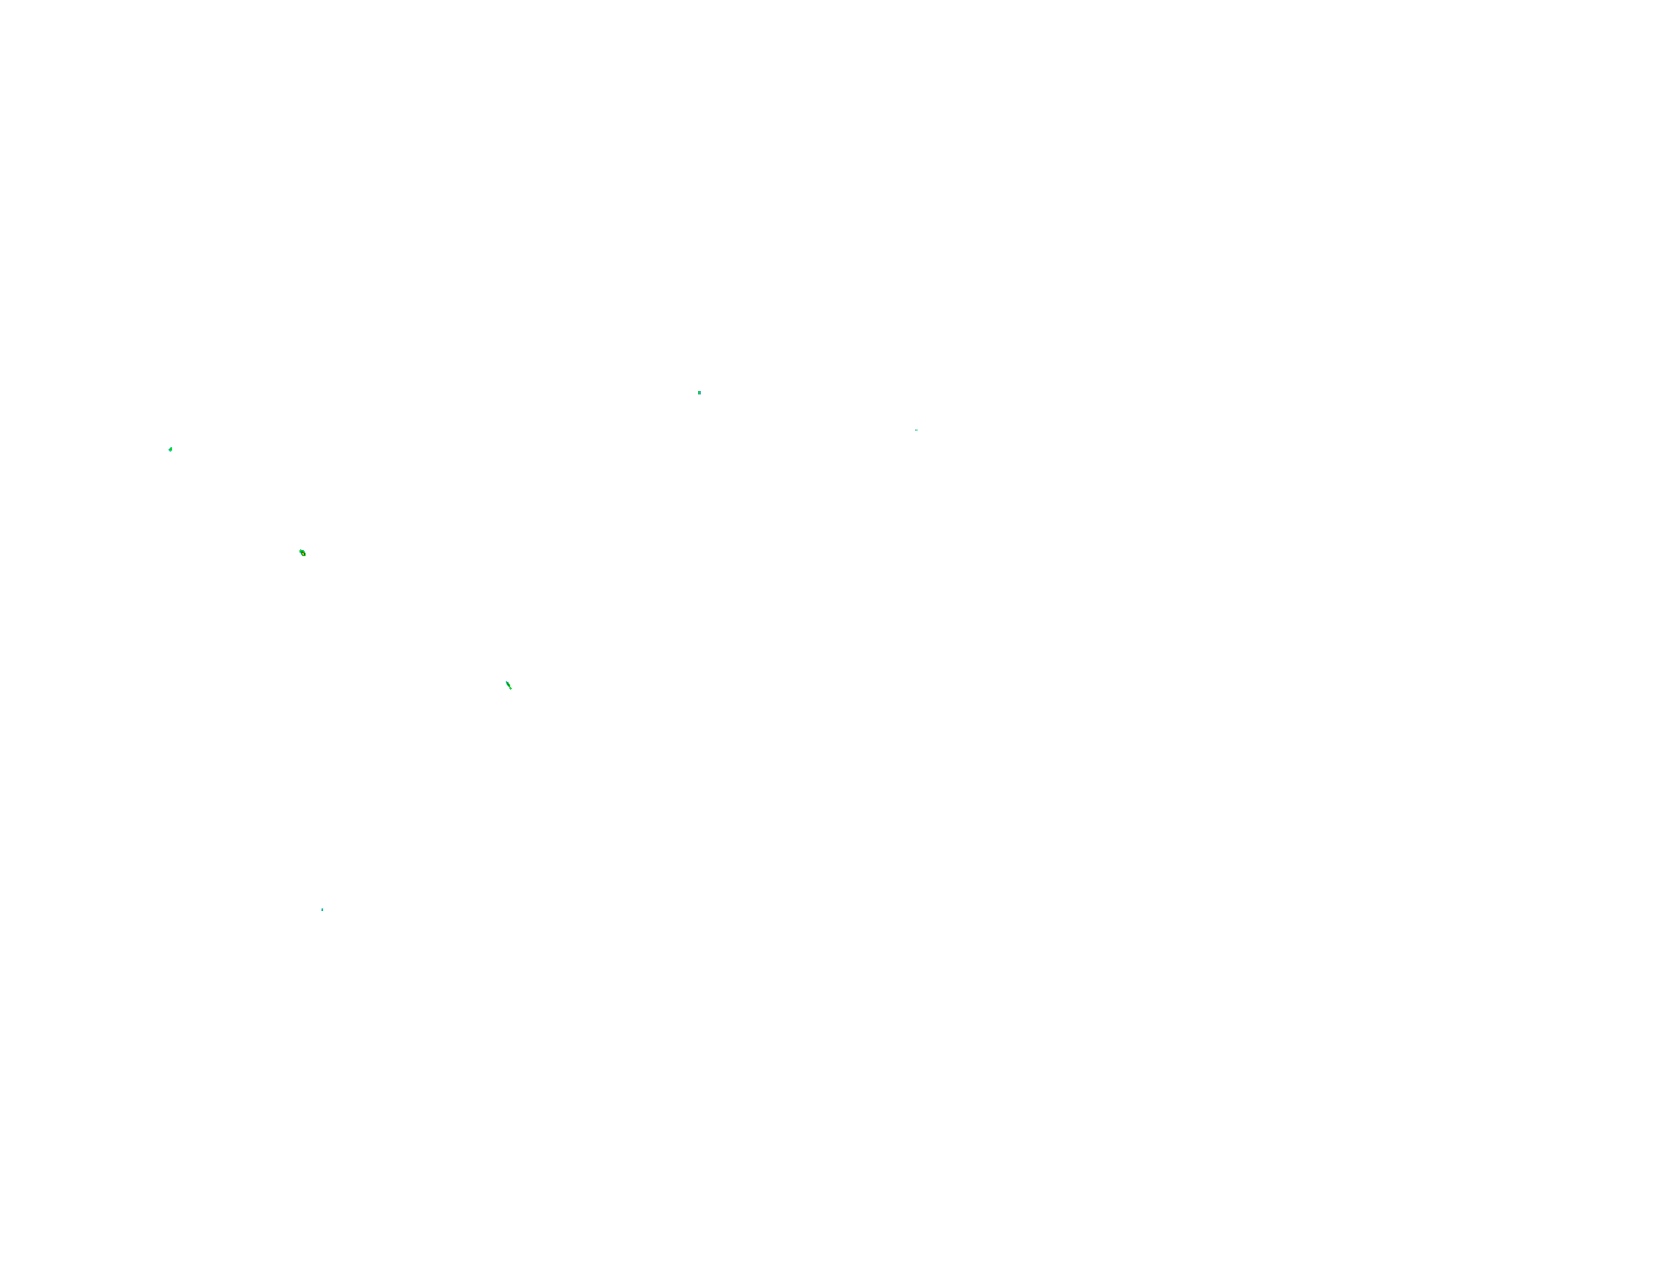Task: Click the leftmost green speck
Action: click(170, 450)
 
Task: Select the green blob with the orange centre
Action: click(302, 553)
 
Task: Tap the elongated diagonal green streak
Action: click(508, 684)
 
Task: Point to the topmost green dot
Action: click(699, 393)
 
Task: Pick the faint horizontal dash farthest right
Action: click(916, 430)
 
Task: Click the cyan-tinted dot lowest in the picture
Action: click(322, 909)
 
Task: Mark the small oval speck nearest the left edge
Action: click(170, 450)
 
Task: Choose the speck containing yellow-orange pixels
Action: click(302, 553)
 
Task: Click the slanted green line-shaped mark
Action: click(508, 684)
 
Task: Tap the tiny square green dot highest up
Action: click(699, 393)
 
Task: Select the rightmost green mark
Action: click(916, 430)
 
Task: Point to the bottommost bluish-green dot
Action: click(322, 909)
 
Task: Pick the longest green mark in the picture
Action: click(508, 684)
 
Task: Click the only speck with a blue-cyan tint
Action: click(322, 909)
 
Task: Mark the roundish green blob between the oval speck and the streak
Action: click(302, 553)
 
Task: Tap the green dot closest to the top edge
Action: click(699, 393)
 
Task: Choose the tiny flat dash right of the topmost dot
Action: click(916, 430)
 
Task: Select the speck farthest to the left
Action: click(170, 450)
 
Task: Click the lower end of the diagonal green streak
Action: click(510, 688)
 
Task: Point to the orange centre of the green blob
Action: click(302, 553)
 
